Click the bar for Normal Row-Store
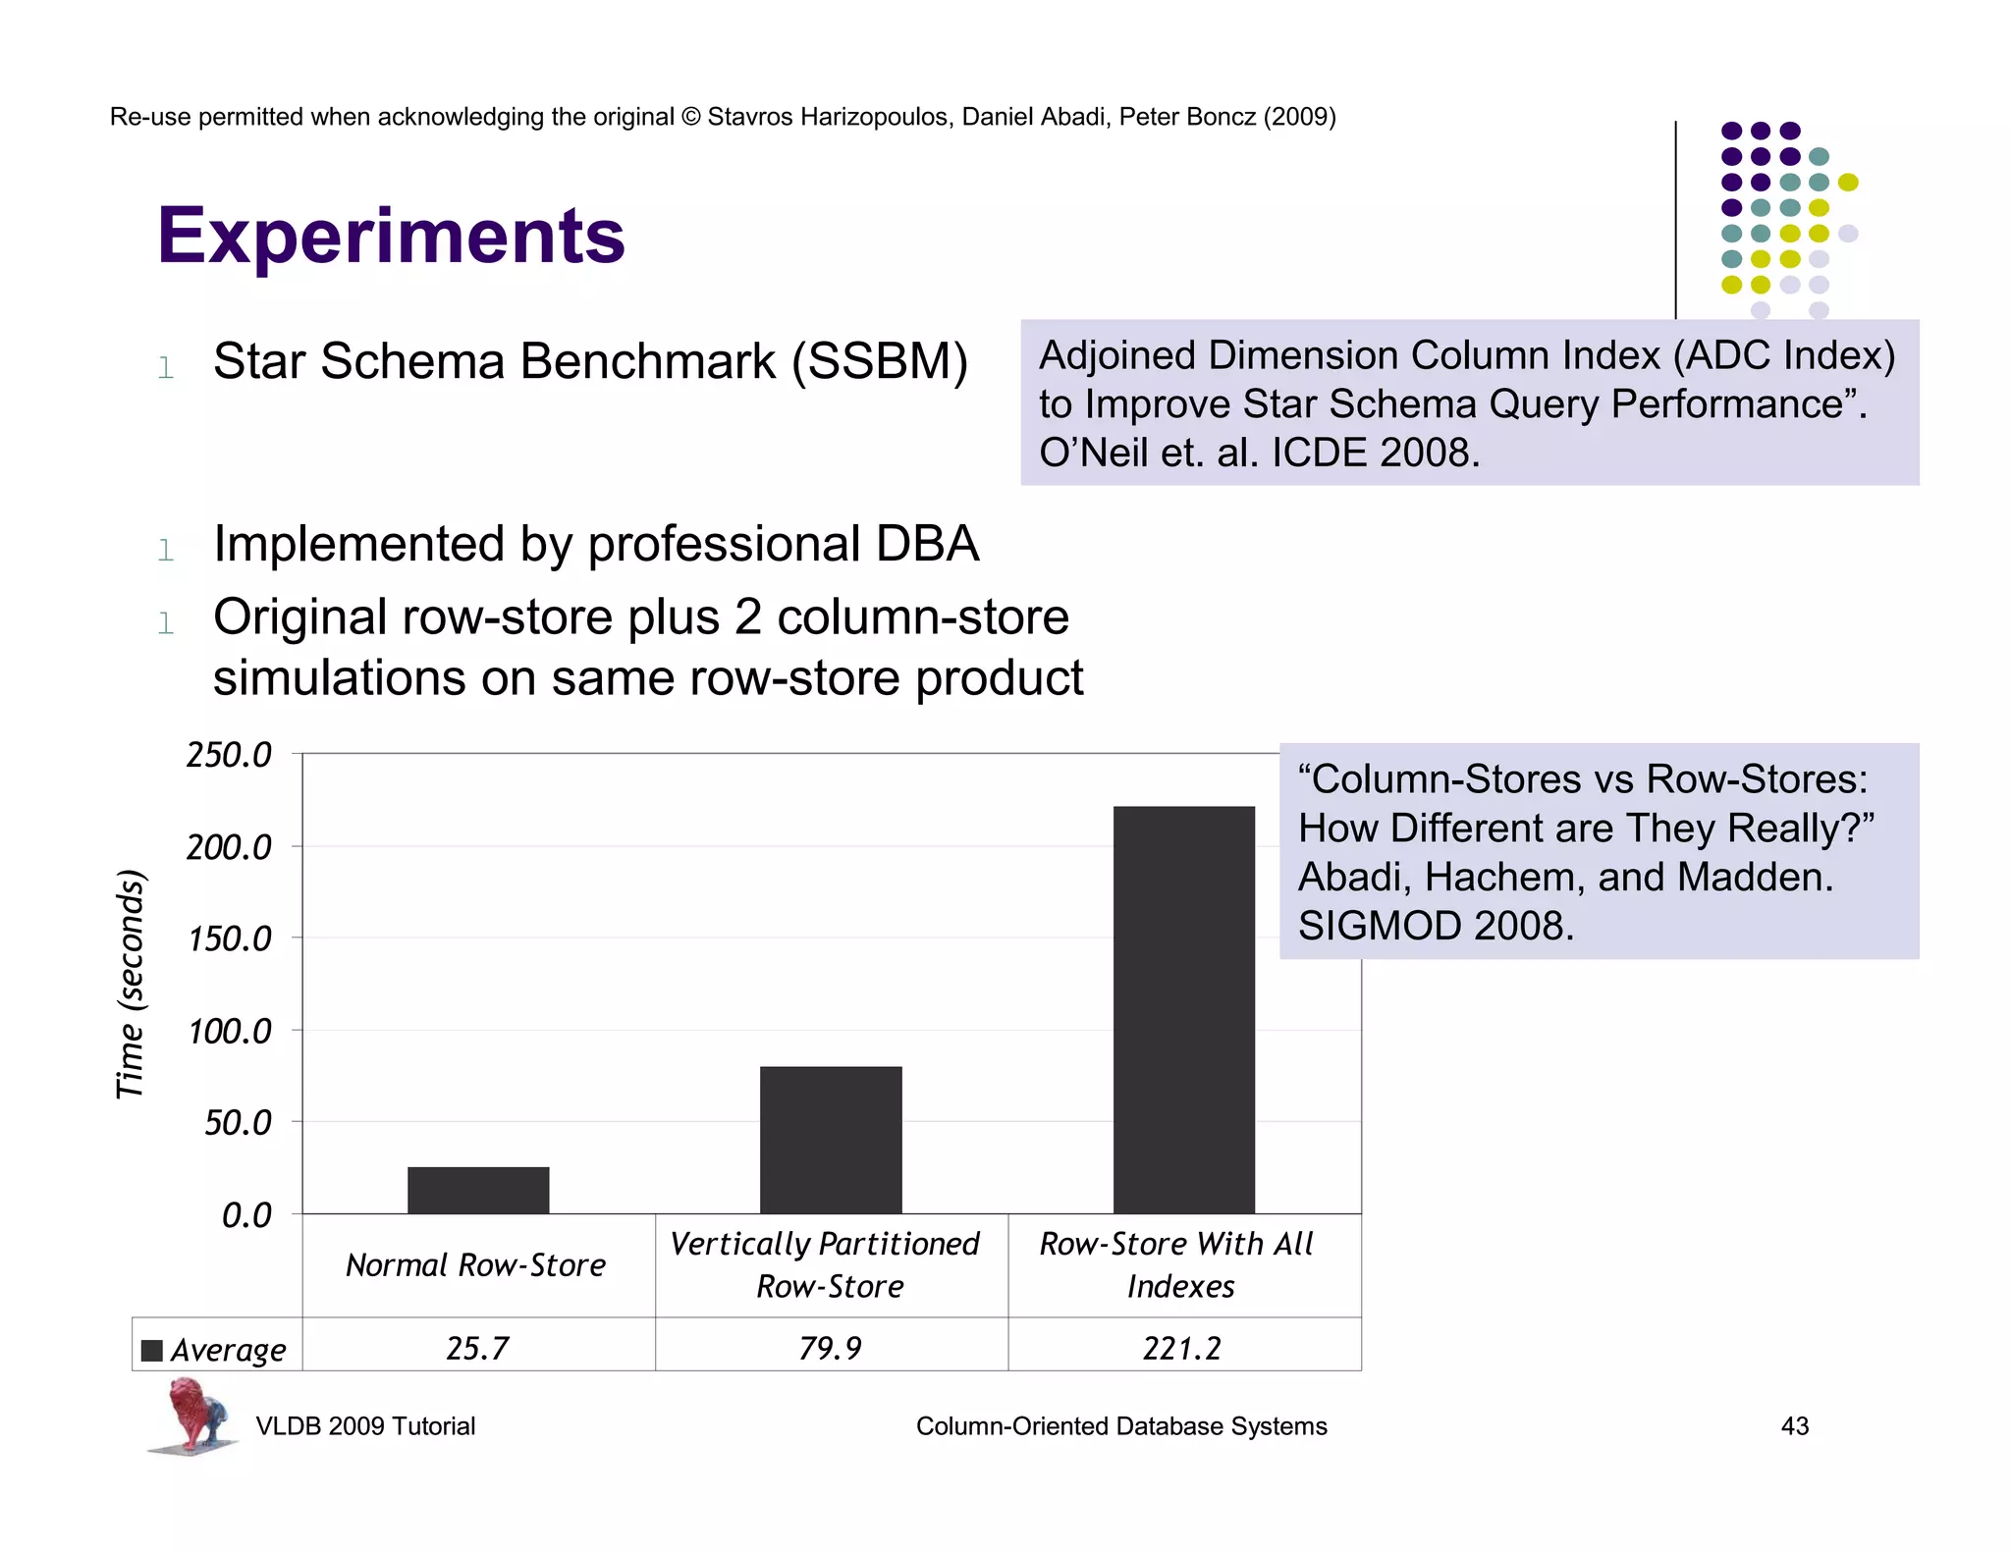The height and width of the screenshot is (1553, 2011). [x=478, y=1190]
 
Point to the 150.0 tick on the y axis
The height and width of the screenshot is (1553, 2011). [x=229, y=939]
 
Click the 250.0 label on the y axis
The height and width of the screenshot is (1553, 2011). [x=229, y=755]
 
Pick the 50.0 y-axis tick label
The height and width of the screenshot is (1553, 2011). [x=238, y=1123]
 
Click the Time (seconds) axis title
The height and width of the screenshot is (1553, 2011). [x=131, y=984]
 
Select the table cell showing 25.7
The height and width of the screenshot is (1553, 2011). [x=478, y=1348]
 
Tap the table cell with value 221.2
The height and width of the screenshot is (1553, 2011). [x=1182, y=1348]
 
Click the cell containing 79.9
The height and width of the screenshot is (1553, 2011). [x=831, y=1348]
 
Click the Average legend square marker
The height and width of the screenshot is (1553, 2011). [x=152, y=1350]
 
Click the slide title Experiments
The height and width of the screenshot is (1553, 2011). [x=391, y=237]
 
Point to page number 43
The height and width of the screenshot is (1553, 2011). [x=1794, y=1425]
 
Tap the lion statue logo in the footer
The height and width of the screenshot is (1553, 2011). [x=193, y=1414]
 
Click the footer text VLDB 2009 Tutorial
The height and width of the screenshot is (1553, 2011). [x=365, y=1425]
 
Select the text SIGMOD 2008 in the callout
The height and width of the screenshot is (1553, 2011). [x=1435, y=926]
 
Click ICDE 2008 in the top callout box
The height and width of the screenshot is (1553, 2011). [x=1375, y=453]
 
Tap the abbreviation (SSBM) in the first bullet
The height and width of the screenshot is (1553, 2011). [x=880, y=361]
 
